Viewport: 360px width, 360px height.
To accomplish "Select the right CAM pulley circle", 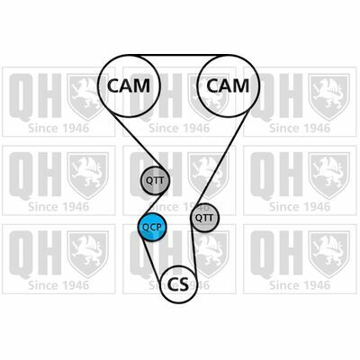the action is click(x=229, y=55).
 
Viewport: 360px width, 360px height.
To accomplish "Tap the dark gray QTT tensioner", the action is click(x=156, y=180).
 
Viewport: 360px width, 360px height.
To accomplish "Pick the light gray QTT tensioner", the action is click(x=205, y=218).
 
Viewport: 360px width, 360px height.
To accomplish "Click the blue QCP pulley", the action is click(x=151, y=227).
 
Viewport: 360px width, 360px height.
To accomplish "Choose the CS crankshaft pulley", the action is click(x=179, y=284).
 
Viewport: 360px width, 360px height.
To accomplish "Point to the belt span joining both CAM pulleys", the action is click(x=179, y=56).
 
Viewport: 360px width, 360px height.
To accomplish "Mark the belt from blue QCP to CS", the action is click(x=151, y=258).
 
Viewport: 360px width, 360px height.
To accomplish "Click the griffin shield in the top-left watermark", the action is click(x=87, y=97).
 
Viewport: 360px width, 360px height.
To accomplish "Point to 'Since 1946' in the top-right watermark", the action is click(x=300, y=129).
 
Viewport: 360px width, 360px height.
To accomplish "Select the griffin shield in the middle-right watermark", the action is click(x=329, y=175).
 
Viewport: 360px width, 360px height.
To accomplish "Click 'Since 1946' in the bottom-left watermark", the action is click(x=58, y=285).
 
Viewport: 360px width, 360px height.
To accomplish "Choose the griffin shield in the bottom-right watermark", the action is click(x=329, y=255).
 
